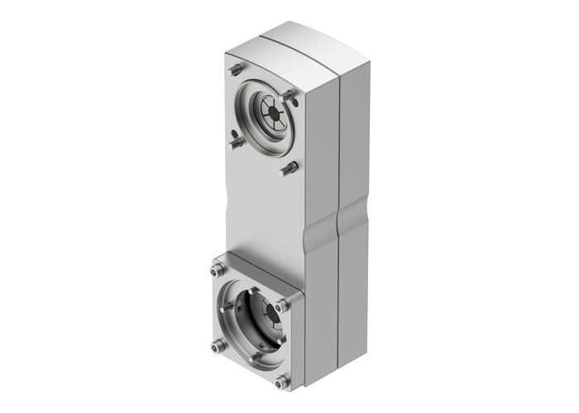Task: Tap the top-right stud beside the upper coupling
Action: tap(289, 97)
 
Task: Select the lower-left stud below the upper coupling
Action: tap(236, 141)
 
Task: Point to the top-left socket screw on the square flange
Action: tap(217, 271)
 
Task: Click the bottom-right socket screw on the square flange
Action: tap(282, 381)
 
